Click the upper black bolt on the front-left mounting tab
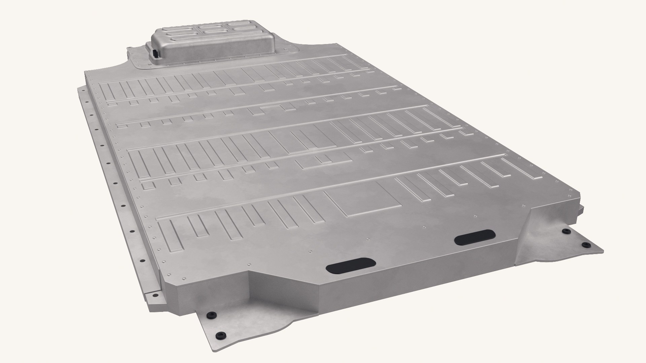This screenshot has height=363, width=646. (211, 315)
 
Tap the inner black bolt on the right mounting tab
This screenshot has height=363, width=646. (566, 231)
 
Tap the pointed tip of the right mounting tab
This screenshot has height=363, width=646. (602, 250)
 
